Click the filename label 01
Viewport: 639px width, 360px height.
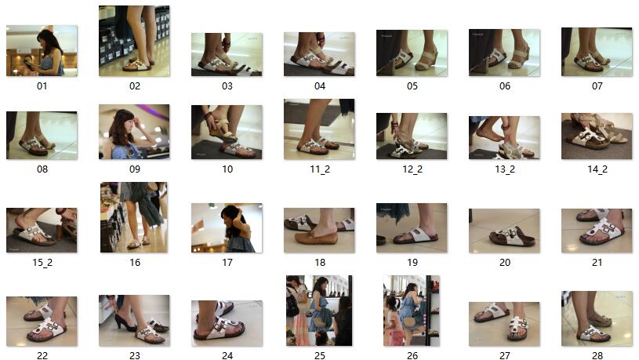(42, 86)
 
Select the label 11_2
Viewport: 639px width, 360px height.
(320, 169)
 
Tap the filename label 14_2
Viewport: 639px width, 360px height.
(597, 169)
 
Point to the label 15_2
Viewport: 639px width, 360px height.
(42, 263)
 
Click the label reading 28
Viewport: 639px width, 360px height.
(597, 356)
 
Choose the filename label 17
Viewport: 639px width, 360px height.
(227, 263)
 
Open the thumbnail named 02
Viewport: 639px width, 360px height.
(134, 41)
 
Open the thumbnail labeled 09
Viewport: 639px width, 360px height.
(134, 132)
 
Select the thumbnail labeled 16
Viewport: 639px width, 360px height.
(133, 217)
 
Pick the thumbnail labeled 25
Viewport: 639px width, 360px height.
(319, 311)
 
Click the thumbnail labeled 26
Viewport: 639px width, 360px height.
(412, 311)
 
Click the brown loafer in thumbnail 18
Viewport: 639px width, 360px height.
(316, 236)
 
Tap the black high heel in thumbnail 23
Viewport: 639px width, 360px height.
(124, 322)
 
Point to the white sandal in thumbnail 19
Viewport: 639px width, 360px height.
(415, 235)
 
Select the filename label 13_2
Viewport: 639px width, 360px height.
(505, 169)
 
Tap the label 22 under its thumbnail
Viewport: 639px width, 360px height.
(42, 356)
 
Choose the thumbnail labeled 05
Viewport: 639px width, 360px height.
(412, 53)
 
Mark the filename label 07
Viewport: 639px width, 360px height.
(597, 86)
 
